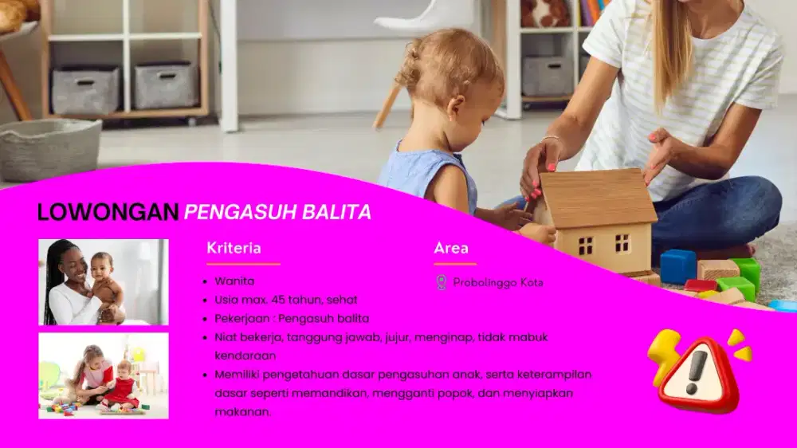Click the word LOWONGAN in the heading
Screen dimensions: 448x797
[108, 212]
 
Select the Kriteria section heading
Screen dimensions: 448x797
[234, 248]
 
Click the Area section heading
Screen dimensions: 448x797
[451, 248]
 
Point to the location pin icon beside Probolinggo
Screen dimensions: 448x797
[441, 282]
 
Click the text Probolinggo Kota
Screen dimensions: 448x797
[498, 282]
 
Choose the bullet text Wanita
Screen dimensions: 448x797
[234, 281]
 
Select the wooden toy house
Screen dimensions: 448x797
[598, 219]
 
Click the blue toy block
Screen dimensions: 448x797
[677, 266]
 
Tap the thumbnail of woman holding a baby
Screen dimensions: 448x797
[104, 282]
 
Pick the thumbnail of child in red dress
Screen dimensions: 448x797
[104, 375]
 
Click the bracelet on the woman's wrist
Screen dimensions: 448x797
[549, 140]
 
